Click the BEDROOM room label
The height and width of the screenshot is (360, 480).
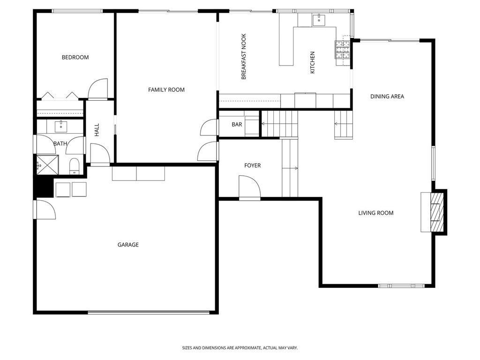(75, 57)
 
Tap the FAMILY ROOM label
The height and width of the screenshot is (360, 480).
(166, 90)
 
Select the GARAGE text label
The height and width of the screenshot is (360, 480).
(128, 245)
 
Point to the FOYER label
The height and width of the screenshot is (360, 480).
(253, 165)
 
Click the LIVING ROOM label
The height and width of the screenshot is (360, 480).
(376, 213)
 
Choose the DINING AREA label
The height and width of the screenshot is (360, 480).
(387, 97)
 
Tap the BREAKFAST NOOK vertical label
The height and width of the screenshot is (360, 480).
(244, 57)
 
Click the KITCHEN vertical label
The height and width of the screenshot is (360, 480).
(313, 62)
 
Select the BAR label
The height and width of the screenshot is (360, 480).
(237, 125)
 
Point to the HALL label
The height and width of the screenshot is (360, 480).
(97, 130)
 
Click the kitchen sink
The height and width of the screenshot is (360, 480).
(319, 20)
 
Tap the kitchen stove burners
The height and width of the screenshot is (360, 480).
(343, 49)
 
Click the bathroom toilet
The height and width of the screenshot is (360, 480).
(75, 165)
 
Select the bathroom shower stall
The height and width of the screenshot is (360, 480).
(47, 165)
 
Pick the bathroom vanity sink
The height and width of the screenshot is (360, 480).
(61, 127)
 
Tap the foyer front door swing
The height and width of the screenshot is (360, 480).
(249, 187)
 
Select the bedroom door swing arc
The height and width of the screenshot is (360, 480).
(98, 89)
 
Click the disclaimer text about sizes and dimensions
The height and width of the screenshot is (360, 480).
(240, 348)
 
